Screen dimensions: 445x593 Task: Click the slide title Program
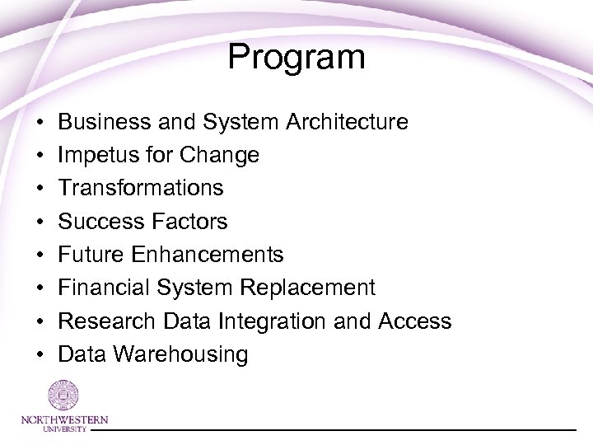coord(296,58)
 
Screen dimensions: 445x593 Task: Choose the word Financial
coord(105,288)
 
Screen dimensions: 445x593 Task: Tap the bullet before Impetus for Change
coord(40,156)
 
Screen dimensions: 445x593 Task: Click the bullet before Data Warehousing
coord(40,355)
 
